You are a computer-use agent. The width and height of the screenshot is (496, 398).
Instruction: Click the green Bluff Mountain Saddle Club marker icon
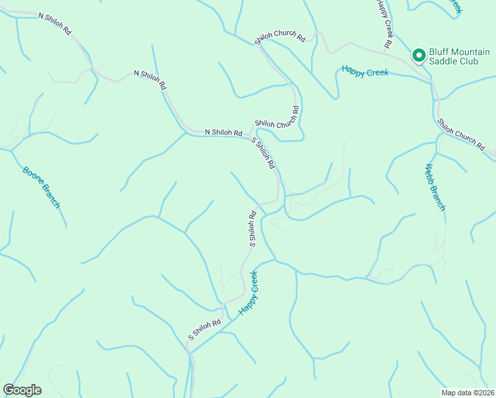pos(419,56)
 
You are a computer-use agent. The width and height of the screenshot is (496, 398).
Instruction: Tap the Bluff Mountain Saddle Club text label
pos(456,56)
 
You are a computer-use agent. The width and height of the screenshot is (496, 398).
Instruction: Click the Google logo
pos(22,390)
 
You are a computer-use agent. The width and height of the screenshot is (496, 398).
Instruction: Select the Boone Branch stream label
pos(41,187)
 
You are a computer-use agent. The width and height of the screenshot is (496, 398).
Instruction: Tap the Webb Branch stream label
pos(435,186)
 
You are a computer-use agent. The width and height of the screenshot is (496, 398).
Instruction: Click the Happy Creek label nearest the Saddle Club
pos(365,71)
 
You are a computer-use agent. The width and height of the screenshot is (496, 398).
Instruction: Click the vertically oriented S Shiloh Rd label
pos(253,229)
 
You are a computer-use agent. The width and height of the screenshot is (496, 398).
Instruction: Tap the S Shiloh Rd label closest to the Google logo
pos(204,330)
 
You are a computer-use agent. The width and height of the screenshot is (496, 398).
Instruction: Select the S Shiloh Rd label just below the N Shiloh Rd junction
pos(263,153)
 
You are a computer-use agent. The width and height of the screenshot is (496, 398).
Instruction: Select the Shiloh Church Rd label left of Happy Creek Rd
pos(280,39)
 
